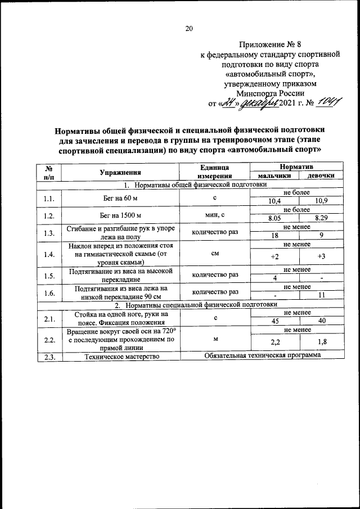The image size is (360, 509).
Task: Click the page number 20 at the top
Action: pos(189,29)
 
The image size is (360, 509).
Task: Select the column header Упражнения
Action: pos(120,172)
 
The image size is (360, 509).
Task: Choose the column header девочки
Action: pos(322,175)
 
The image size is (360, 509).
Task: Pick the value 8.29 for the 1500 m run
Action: pos(322,218)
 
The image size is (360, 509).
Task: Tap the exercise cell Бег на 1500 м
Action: pos(120,214)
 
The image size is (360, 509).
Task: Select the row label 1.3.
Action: pos(48,233)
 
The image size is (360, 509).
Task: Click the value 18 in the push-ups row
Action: pos(274,237)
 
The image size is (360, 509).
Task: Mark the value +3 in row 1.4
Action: pos(322,256)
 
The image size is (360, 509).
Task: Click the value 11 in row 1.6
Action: pos(322,295)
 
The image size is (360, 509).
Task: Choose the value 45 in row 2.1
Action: pos(274,321)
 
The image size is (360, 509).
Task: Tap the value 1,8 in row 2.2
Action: pos(322,341)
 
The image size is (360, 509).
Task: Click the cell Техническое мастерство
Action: pos(120,356)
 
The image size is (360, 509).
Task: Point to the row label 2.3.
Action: pos(48,356)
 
